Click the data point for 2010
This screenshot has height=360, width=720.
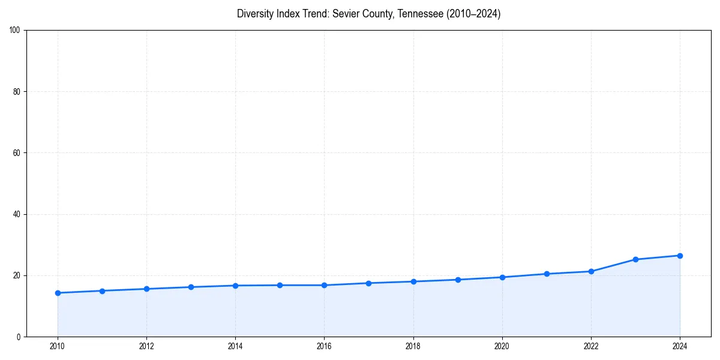point(58,293)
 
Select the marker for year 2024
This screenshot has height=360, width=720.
point(680,256)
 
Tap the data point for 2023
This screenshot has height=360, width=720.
point(635,259)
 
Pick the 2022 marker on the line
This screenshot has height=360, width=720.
point(591,271)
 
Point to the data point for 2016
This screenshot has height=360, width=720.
point(324,285)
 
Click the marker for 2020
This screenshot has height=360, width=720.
point(502,277)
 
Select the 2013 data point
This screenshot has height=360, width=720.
point(191,287)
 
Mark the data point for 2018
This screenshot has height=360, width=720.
point(413,281)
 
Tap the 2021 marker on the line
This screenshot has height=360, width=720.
point(547,274)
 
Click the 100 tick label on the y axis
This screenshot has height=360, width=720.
point(16,31)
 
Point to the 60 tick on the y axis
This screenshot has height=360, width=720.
point(17,153)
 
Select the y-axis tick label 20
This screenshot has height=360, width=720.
point(17,275)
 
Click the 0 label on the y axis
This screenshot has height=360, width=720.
point(19,337)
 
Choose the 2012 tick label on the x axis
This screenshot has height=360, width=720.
point(146,346)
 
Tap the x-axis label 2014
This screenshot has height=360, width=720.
point(235,346)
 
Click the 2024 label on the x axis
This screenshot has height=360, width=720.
point(680,346)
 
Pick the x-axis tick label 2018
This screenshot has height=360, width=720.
point(413,346)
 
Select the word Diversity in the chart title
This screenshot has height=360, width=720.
point(254,14)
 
